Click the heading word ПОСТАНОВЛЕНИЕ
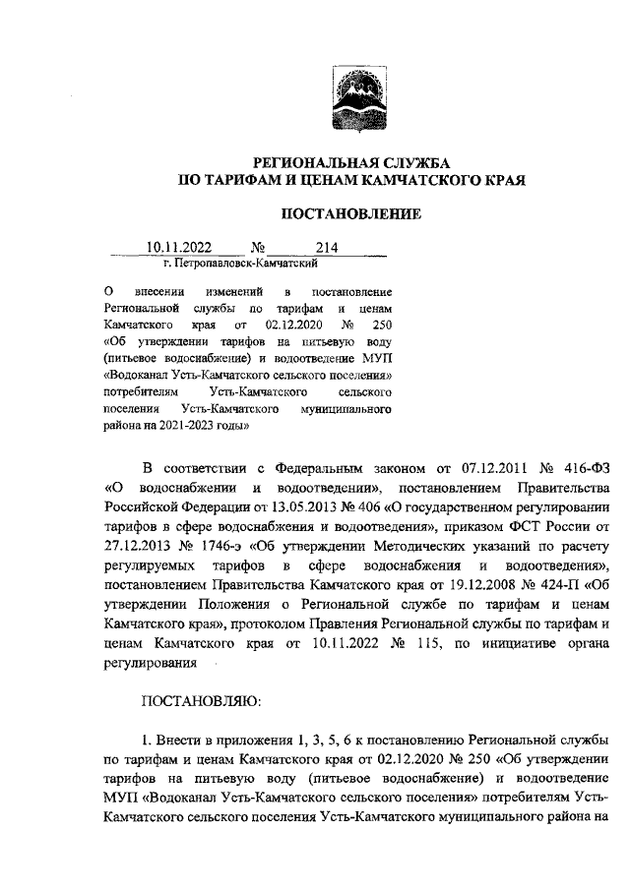click(x=352, y=212)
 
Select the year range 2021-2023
click(x=202, y=426)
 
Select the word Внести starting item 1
click(x=182, y=739)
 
